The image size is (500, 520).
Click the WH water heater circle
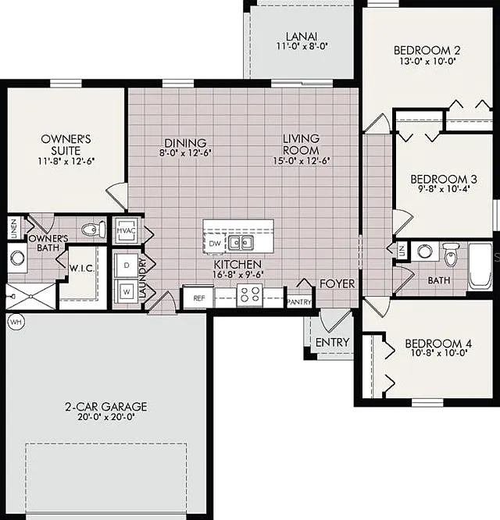pos(16,322)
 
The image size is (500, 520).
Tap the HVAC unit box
pos(126,230)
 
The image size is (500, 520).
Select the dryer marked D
pos(126,265)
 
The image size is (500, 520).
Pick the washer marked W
pos(127,291)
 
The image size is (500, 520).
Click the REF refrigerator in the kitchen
pos(198,297)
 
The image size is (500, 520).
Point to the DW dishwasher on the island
pos(215,244)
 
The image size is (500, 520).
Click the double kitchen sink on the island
pos(241,243)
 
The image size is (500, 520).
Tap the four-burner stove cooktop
pos(250,295)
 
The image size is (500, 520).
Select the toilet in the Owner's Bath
pos(93,229)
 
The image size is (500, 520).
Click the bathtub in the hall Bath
pos(480,266)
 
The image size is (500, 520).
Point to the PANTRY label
pos(299,302)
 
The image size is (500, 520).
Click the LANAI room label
pos(302,36)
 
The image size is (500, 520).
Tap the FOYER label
pos(337,284)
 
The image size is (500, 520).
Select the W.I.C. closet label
pos(82,269)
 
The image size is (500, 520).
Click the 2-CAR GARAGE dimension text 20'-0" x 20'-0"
pos(105,417)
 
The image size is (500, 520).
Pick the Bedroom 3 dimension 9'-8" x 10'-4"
pos(444,190)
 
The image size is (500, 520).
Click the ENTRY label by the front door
pos(332,342)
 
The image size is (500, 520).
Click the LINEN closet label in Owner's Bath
pos(14,229)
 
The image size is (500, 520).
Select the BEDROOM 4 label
pos(438,344)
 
